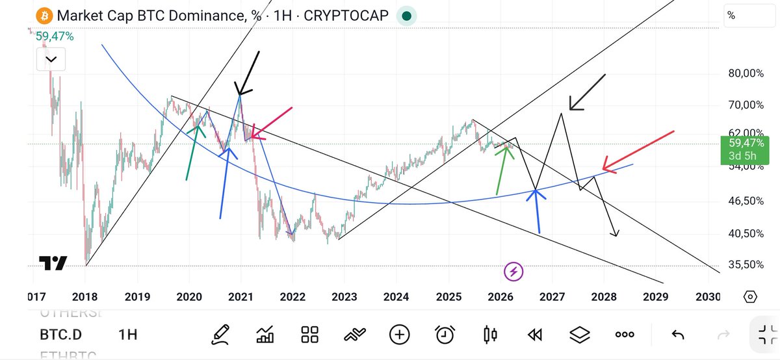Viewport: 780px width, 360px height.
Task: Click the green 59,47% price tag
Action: [745, 149]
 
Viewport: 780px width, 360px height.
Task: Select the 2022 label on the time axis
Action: [292, 297]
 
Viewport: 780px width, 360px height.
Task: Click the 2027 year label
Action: [551, 297]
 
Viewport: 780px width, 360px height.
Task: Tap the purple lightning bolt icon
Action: [514, 270]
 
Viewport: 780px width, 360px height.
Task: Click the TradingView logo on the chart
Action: [53, 263]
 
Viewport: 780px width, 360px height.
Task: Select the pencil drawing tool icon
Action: [222, 335]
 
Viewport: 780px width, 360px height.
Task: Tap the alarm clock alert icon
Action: [445, 335]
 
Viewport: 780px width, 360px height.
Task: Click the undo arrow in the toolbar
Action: [678, 335]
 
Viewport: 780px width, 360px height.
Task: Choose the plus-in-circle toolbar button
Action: [399, 335]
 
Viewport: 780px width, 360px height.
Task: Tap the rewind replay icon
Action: [535, 335]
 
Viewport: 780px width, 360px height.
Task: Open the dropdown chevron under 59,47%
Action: [51, 60]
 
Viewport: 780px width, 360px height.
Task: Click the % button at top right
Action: [731, 16]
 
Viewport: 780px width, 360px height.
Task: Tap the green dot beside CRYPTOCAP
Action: [406, 16]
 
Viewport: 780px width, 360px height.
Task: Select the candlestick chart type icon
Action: [490, 335]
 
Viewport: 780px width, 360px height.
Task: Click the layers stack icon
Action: [578, 335]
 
